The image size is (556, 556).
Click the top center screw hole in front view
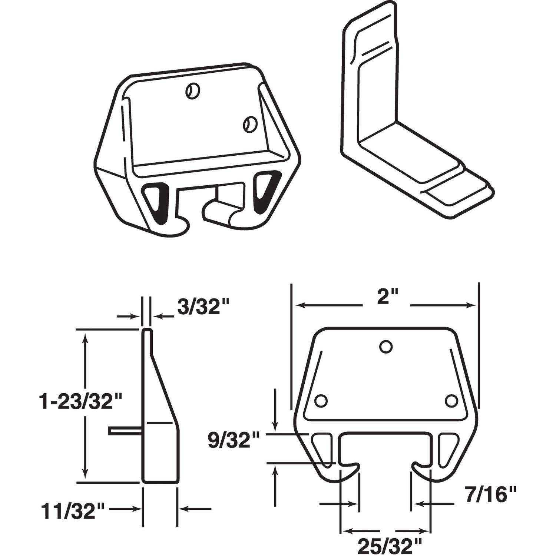click(385, 346)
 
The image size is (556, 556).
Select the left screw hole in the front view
click(321, 401)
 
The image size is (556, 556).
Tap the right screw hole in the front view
click(451, 401)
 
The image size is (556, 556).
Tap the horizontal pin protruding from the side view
click(125, 430)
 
